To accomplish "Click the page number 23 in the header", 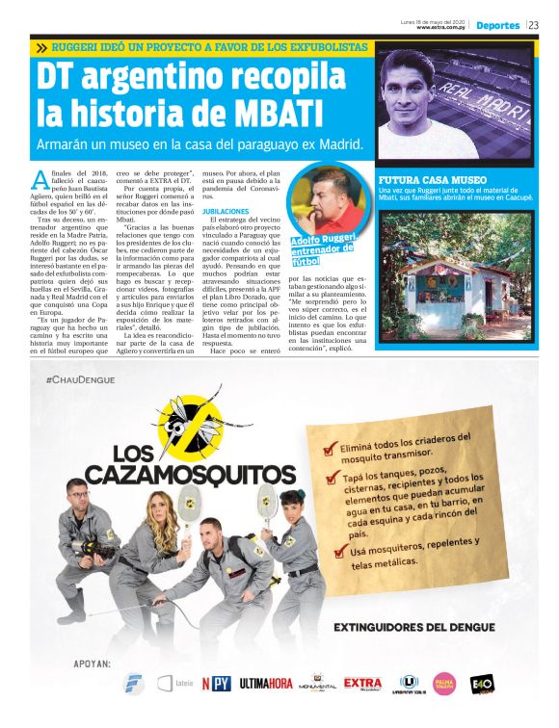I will (533, 26).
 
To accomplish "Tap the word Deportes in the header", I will (497, 26).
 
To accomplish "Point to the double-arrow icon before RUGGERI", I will (41, 46).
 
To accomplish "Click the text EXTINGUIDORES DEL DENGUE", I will (414, 627).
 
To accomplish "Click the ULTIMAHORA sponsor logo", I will (266, 685).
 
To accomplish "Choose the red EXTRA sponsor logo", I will (362, 684).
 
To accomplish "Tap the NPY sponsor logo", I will (216, 685).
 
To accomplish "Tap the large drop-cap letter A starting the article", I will (39, 178).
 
